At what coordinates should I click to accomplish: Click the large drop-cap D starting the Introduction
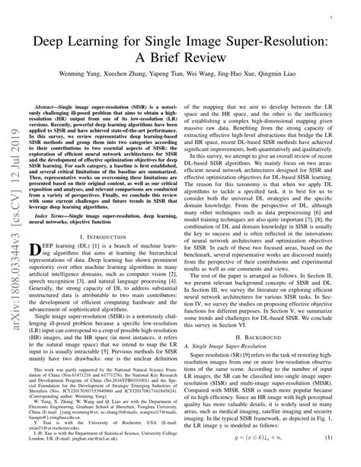37,251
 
